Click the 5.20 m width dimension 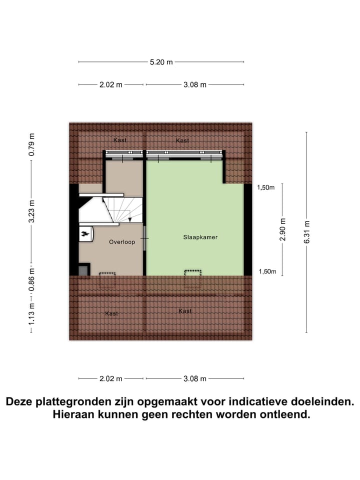[161, 62]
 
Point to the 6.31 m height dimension [307, 232]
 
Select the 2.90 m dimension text [283, 229]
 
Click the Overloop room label [122, 242]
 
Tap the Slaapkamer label [200, 237]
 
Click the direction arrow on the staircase [130, 218]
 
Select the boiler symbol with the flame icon [85, 233]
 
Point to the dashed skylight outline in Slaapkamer [193, 273]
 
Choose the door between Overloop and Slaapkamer [145, 238]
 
